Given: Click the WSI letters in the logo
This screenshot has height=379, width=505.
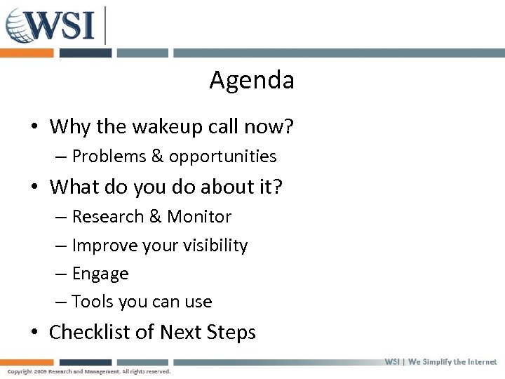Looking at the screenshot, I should (63, 25).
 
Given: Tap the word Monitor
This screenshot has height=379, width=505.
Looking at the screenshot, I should (199, 217).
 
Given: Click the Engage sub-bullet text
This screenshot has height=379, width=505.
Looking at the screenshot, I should (100, 274).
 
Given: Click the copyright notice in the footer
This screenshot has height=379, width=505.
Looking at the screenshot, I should (88, 371).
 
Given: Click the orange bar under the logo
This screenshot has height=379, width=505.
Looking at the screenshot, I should (27, 53).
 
